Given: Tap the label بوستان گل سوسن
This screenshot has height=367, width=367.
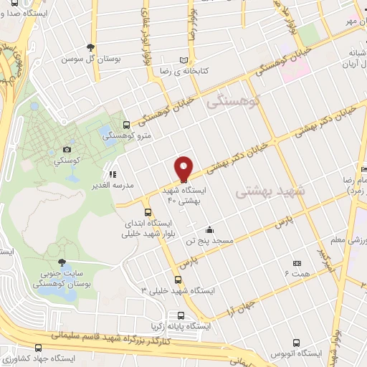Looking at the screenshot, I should coord(90,57).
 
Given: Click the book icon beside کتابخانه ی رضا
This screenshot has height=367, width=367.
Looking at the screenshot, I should coord(185,59).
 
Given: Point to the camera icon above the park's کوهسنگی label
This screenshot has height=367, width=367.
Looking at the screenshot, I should coord(67,148).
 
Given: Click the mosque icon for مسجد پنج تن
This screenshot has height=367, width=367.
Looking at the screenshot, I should coord(209,229).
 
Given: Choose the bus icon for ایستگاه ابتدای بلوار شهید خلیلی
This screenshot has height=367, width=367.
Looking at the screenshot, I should coord(148,211).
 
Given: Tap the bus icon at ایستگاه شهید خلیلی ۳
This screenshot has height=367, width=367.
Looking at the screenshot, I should coord(178,279).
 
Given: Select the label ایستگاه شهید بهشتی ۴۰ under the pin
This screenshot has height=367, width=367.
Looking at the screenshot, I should coord(186,196).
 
